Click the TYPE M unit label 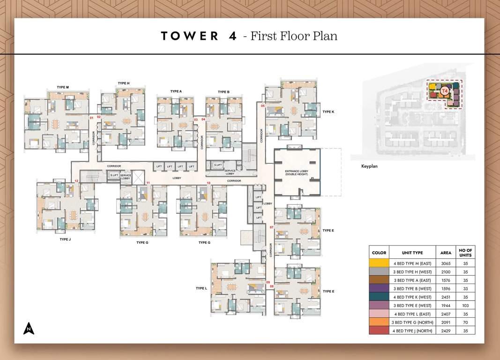click(x=63, y=87)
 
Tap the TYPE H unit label click(x=123, y=83)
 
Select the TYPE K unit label click(x=328, y=112)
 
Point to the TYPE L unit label click(x=201, y=288)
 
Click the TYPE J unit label click(x=65, y=239)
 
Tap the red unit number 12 click(x=76, y=180)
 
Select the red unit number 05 click(x=263, y=106)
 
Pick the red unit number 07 click(x=271, y=227)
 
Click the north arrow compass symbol click(x=29, y=329)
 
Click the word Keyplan click(x=369, y=166)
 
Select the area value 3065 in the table click(x=446, y=263)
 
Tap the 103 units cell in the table click(x=466, y=305)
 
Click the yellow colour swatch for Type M click(x=379, y=263)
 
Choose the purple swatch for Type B click(x=379, y=288)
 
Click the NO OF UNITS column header click(x=466, y=253)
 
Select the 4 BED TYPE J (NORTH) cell click(x=412, y=330)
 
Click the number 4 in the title click(x=232, y=36)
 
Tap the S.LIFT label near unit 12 click(x=114, y=175)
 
